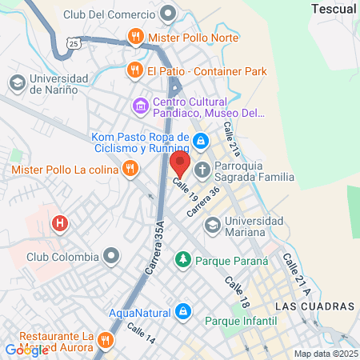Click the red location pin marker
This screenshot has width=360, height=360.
(179, 165)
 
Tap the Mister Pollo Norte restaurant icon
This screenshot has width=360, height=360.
(135, 36)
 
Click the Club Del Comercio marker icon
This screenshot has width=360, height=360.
(168, 14)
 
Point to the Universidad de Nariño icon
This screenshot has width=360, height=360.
(17, 83)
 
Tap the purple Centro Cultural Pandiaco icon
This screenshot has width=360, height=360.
(141, 106)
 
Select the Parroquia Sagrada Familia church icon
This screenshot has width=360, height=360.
(202, 170)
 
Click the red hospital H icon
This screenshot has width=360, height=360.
(59, 224)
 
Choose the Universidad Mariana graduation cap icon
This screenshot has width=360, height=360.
(211, 226)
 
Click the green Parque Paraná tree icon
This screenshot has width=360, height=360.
(183, 260)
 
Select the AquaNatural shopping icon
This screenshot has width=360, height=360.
(183, 310)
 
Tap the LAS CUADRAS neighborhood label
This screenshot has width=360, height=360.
(313, 306)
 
